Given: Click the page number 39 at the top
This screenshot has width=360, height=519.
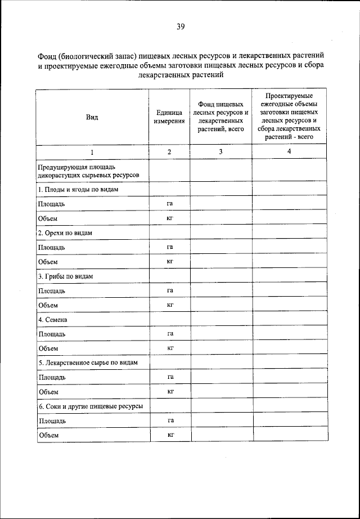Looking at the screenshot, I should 181,26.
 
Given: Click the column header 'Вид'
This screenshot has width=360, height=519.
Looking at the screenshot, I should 92,117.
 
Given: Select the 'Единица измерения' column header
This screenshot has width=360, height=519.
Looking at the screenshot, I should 169,117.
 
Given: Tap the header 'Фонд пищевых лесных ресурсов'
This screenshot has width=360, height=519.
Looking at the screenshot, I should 220,117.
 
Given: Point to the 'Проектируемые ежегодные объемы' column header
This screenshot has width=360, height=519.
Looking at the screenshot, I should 289,117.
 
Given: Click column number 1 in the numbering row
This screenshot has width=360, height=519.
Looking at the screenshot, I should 92,152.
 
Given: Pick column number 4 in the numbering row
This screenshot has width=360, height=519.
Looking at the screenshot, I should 289,152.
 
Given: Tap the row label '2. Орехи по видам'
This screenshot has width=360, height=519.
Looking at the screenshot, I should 65,232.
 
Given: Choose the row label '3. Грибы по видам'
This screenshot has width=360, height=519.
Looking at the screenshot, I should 65,276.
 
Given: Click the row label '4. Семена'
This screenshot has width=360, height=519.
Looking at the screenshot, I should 53,320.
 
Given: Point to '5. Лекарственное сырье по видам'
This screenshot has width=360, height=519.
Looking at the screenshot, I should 88,363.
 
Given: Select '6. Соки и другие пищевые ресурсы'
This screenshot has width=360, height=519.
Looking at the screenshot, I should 90,406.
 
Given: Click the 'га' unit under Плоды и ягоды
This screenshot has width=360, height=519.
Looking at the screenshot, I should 169,203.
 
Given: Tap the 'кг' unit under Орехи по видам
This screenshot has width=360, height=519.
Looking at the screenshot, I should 169,261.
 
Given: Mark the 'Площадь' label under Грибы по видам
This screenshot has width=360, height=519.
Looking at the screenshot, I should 51,290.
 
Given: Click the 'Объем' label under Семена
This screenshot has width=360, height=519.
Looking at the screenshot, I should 48,348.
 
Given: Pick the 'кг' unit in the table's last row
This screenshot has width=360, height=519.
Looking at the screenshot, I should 169,435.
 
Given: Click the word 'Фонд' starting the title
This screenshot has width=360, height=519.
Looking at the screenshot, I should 47,57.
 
